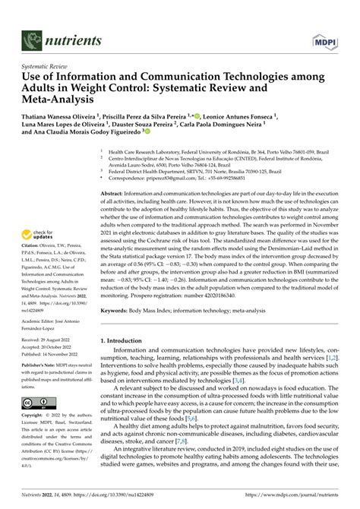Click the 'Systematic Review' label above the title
click(x=44, y=68)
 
